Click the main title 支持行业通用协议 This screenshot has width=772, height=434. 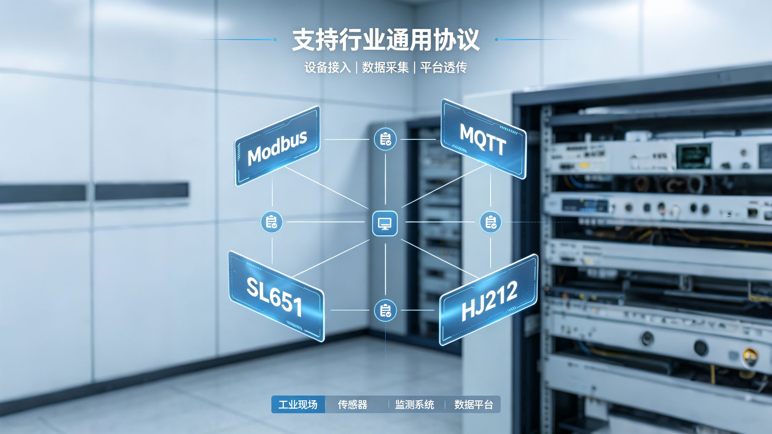pyautogui.click(x=386, y=40)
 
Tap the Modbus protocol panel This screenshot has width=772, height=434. pyautogui.click(x=277, y=146)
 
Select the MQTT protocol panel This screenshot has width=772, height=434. pyautogui.click(x=483, y=139)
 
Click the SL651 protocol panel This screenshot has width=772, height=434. pyautogui.click(x=276, y=297)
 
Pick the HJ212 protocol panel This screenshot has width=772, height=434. pyautogui.click(x=489, y=300)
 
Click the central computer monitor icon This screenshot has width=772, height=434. pyautogui.click(x=385, y=223)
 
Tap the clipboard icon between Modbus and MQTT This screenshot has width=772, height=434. pyautogui.click(x=385, y=139)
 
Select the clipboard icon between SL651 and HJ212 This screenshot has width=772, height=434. pyautogui.click(x=385, y=310)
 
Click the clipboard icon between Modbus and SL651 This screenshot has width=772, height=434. pyautogui.click(x=272, y=222)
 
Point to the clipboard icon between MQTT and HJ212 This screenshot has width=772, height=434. pyautogui.click(x=491, y=222)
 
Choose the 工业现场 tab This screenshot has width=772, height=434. pyautogui.click(x=298, y=405)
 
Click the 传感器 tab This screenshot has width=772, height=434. pyautogui.click(x=353, y=405)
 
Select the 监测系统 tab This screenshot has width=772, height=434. pyautogui.click(x=415, y=405)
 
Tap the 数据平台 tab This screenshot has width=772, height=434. pyautogui.click(x=474, y=405)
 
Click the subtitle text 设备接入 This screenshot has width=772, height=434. pyautogui.click(x=328, y=68)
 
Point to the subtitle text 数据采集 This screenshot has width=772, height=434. pyautogui.click(x=385, y=68)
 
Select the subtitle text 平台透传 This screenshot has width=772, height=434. pyautogui.click(x=443, y=68)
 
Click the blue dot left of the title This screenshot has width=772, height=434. pyautogui.click(x=275, y=39)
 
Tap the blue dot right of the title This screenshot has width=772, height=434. pyautogui.click(x=497, y=39)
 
